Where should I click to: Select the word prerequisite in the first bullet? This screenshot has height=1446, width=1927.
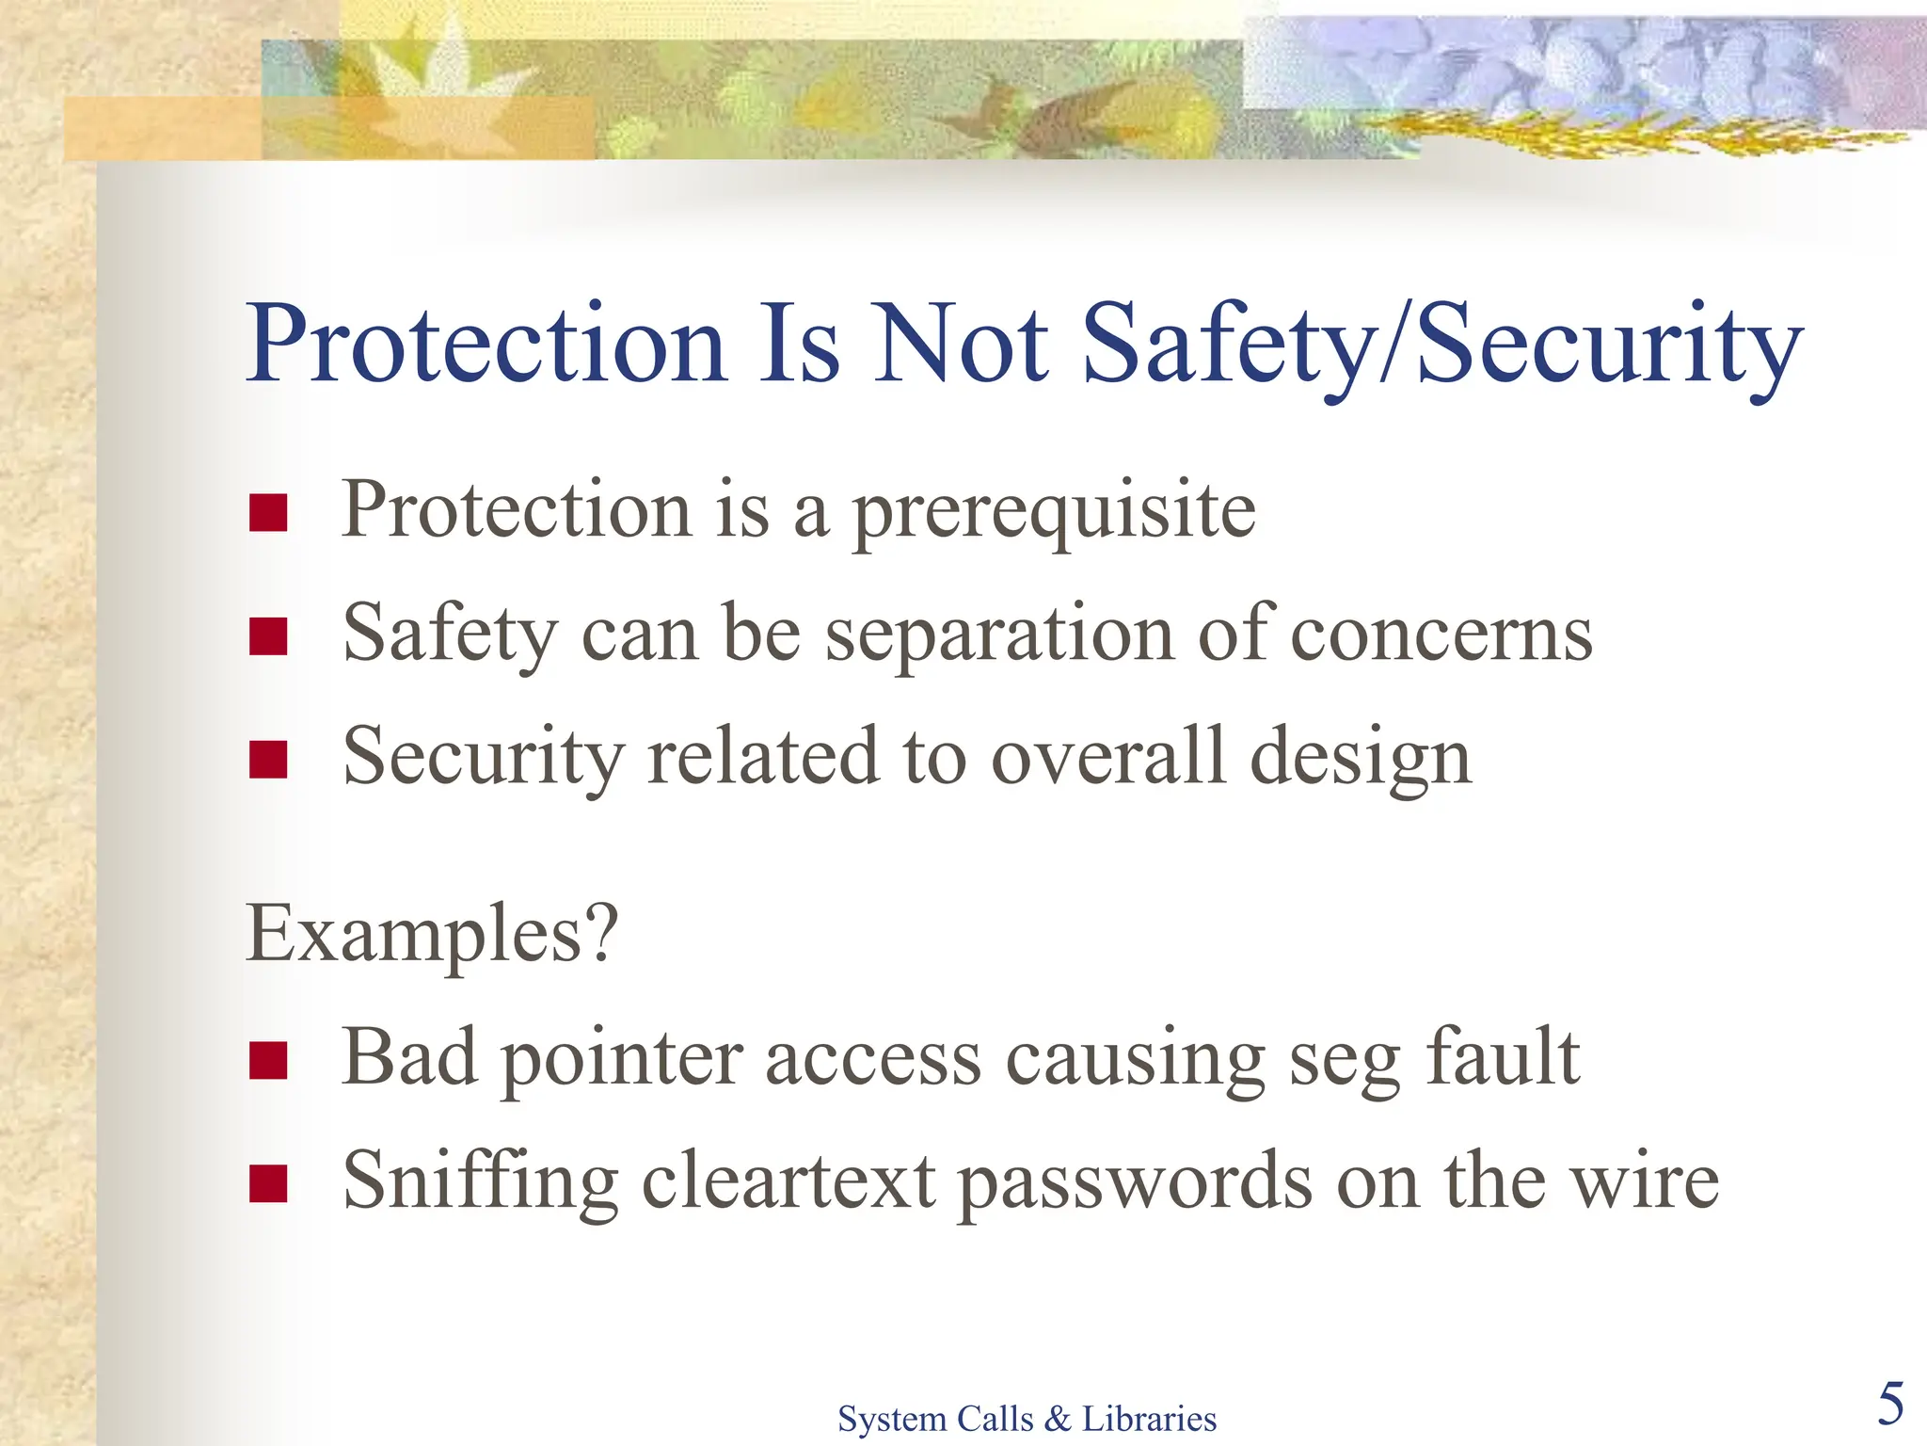click(x=1054, y=512)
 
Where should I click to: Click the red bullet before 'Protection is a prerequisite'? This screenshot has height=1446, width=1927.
click(x=268, y=513)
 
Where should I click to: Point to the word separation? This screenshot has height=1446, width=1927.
click(x=999, y=635)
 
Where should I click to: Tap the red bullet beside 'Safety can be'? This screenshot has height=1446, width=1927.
click(x=268, y=636)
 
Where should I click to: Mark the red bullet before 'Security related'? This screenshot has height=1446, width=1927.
click(x=268, y=760)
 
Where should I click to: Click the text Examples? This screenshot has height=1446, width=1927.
click(x=432, y=934)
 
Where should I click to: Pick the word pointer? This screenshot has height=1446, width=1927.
click(x=622, y=1060)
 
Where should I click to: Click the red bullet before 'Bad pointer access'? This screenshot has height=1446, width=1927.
click(x=268, y=1060)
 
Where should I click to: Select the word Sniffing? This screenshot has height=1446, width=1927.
click(x=480, y=1181)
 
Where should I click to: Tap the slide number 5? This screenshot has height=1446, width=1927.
click(x=1890, y=1404)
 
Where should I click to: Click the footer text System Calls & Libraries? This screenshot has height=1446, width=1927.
click(x=1027, y=1418)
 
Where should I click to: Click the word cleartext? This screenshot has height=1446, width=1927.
click(x=788, y=1181)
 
